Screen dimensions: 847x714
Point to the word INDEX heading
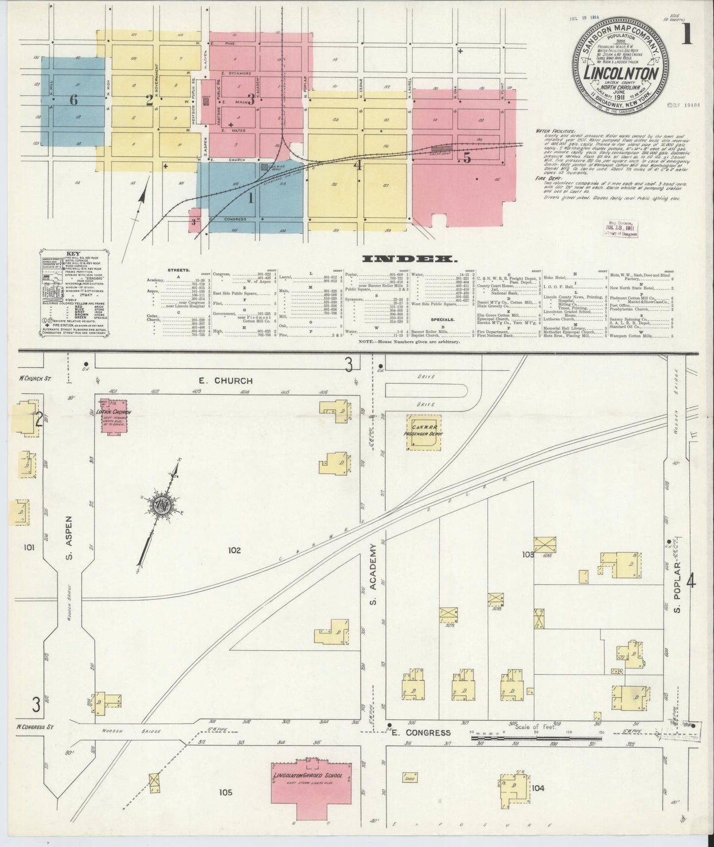tap(409, 258)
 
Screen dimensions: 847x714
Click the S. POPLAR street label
tap(677, 587)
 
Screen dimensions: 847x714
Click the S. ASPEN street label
tap(69, 540)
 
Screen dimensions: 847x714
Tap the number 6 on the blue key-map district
tap(74, 100)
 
